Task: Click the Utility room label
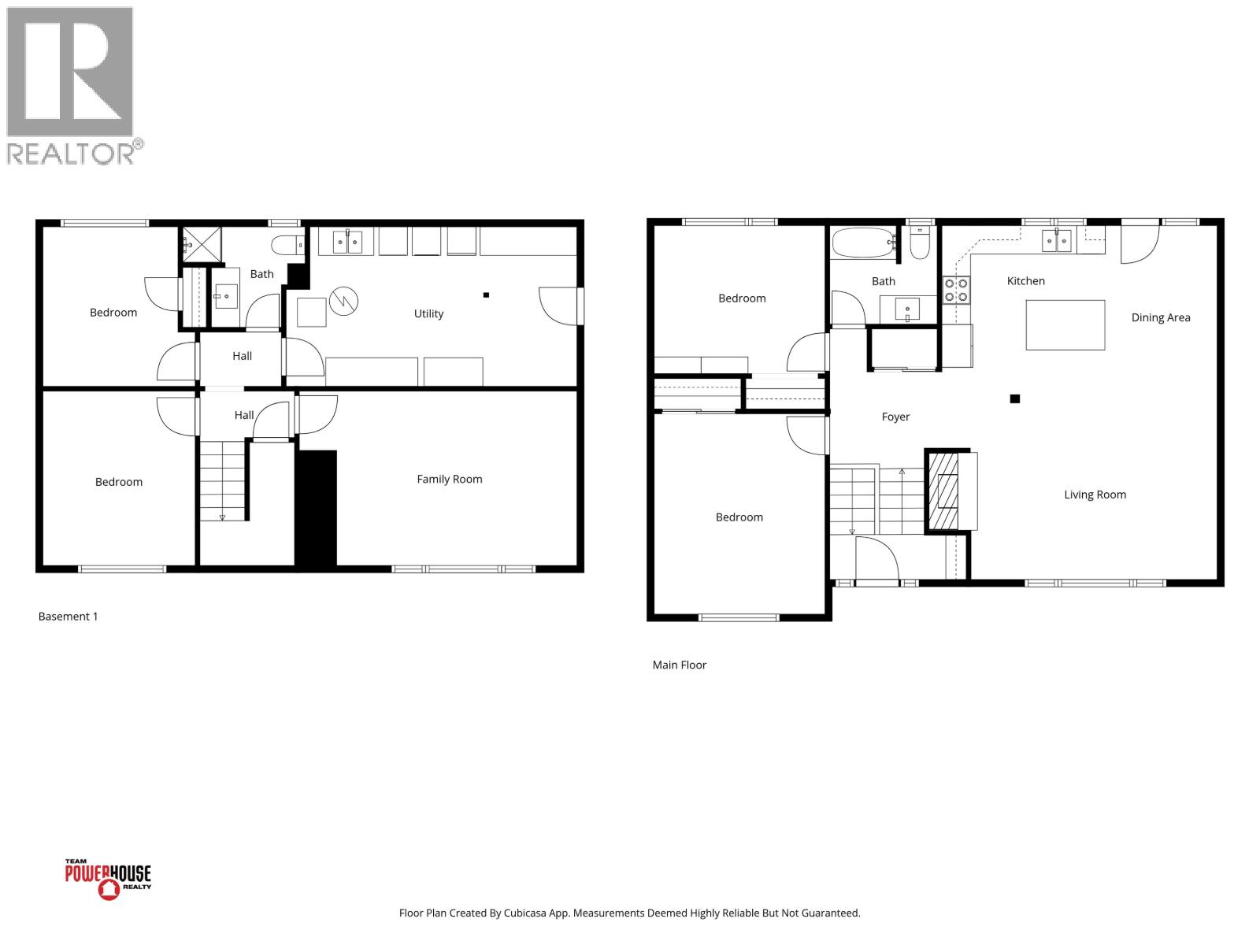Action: (x=428, y=313)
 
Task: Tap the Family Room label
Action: (x=449, y=479)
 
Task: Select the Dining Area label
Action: (x=1160, y=317)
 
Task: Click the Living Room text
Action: (x=1095, y=495)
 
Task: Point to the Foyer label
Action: (x=895, y=417)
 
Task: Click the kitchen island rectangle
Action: (x=1065, y=324)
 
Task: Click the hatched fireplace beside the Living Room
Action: (x=943, y=491)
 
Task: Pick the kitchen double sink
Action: (x=1056, y=240)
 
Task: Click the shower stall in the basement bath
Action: (x=201, y=245)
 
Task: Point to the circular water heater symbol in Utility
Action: (x=343, y=300)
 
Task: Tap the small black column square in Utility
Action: (x=486, y=295)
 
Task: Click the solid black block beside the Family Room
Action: (x=316, y=508)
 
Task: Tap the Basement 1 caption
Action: (x=69, y=617)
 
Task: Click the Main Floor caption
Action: (x=679, y=665)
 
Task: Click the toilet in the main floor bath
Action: (x=919, y=245)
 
